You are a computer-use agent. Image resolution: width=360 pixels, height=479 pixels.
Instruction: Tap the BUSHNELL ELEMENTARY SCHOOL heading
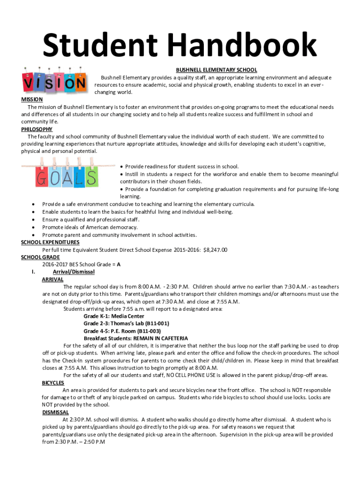coord(216,70)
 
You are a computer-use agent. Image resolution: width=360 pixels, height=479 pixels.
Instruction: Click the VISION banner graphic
coord(54,82)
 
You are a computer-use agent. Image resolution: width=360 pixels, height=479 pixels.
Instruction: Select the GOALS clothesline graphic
coord(66,176)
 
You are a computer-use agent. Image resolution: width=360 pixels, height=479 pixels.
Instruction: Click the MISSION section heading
coord(32,100)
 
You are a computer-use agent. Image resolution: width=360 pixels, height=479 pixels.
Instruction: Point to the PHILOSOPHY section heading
coord(37,129)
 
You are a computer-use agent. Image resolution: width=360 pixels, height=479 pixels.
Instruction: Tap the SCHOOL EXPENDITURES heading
coord(50,242)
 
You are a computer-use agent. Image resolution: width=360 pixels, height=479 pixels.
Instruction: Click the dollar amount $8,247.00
coord(215,250)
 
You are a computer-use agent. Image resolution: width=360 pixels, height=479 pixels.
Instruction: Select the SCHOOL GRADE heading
coord(40,257)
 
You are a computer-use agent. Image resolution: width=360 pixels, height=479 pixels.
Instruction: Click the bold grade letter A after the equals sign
coord(119,264)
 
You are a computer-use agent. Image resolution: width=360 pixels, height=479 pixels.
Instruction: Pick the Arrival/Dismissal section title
coord(73,272)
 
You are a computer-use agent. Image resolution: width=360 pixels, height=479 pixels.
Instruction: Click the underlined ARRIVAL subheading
coord(52,279)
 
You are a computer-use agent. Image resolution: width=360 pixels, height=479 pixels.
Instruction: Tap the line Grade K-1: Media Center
coord(114,316)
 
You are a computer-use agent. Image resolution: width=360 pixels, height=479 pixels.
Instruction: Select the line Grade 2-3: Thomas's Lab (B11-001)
coord(126,323)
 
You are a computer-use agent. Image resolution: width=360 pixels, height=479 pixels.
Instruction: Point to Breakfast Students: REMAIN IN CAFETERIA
coord(136,338)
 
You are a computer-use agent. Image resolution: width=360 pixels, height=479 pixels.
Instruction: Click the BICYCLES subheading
coord(53,383)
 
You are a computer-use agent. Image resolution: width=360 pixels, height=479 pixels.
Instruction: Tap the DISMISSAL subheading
coord(55,412)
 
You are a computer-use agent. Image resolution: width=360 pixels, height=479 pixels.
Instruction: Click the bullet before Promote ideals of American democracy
coord(33,227)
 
